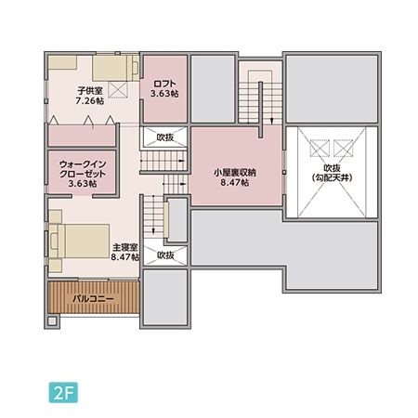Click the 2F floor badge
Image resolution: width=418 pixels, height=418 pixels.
click(x=63, y=393)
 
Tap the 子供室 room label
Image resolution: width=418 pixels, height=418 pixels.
click(x=89, y=91)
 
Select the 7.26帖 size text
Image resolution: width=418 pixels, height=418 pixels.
click(x=90, y=101)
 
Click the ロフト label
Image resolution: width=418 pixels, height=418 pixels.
click(x=164, y=84)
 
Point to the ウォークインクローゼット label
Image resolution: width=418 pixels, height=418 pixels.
click(x=83, y=169)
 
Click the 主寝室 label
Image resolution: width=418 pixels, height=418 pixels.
click(x=125, y=247)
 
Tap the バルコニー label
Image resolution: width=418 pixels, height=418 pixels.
click(x=93, y=299)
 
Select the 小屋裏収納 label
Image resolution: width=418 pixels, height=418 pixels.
click(x=235, y=173)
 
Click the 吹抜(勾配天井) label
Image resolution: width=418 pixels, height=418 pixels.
click(x=332, y=173)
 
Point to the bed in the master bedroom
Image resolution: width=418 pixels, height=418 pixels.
click(x=79, y=241)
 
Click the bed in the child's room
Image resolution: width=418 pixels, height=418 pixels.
click(x=115, y=68)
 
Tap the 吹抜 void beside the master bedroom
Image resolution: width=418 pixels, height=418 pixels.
click(x=165, y=255)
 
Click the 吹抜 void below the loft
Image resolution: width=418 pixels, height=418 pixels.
click(x=164, y=137)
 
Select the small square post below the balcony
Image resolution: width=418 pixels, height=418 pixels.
click(x=52, y=320)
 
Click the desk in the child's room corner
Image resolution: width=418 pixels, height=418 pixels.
click(x=62, y=63)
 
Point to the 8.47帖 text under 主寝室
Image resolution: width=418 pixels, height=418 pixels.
click(x=125, y=257)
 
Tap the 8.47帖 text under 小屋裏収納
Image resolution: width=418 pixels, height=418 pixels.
click(x=235, y=183)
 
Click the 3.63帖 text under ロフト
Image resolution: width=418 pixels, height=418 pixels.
click(x=164, y=94)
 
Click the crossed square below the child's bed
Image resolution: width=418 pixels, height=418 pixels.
click(x=118, y=90)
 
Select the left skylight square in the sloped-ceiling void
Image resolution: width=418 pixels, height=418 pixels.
click(x=320, y=149)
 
